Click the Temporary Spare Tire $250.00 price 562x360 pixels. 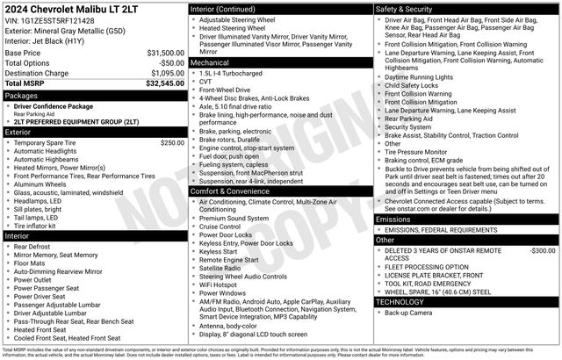click(172, 142)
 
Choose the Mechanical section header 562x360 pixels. click(211, 63)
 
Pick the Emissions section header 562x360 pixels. click(393, 219)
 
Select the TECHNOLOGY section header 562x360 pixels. click(400, 301)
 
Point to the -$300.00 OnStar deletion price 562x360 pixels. click(537, 250)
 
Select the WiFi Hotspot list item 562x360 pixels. click(225, 284)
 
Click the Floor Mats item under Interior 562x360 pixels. click(31, 262)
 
